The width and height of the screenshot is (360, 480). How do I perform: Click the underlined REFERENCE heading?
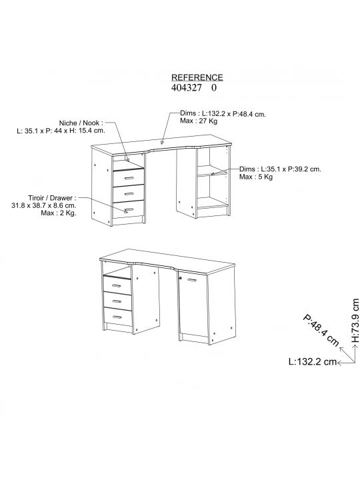(x=197, y=77)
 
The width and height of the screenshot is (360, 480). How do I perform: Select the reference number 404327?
(x=187, y=88)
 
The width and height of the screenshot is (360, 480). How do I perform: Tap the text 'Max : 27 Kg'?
(x=199, y=121)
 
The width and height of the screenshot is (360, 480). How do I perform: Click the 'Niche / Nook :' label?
(x=81, y=123)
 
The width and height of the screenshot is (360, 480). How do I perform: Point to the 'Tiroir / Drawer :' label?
(x=53, y=198)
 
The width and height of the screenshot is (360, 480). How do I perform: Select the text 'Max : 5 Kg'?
(x=256, y=177)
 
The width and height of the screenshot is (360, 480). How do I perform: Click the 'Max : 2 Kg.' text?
(x=59, y=213)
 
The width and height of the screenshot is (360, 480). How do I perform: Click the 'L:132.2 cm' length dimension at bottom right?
(x=313, y=361)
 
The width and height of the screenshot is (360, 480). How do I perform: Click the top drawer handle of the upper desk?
(x=129, y=178)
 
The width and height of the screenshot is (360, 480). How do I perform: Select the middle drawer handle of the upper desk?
(x=129, y=194)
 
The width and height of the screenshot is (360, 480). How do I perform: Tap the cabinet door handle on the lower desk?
(x=191, y=280)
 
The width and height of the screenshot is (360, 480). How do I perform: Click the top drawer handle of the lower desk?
(x=116, y=286)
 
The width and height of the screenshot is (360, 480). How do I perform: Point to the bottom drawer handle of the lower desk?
(x=117, y=317)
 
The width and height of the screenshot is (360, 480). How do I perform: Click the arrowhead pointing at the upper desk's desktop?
(x=162, y=142)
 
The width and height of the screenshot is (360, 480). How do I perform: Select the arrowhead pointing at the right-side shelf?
(x=213, y=173)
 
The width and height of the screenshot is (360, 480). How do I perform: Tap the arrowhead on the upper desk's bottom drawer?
(x=125, y=210)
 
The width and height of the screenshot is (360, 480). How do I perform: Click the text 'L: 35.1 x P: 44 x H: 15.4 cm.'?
(x=61, y=131)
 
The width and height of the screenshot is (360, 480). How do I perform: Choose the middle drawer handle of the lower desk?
(x=117, y=301)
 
